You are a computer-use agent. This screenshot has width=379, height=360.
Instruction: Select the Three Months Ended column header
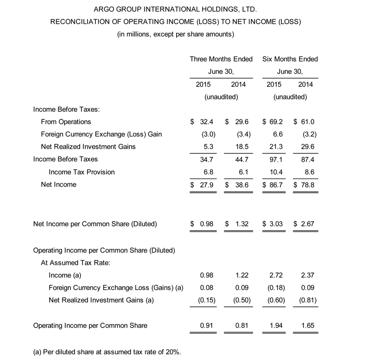(x=221, y=59)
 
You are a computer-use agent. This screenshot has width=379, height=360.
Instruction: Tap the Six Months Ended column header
(x=290, y=59)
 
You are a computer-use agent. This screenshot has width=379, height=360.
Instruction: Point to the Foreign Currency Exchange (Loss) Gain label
(x=101, y=134)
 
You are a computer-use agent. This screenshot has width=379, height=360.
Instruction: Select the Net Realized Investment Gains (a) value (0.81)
(x=308, y=300)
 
